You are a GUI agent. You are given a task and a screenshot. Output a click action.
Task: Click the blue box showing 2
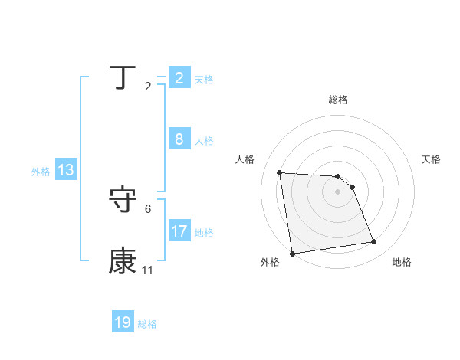click(x=179, y=77)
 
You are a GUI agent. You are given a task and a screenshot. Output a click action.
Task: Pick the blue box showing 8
click(x=179, y=139)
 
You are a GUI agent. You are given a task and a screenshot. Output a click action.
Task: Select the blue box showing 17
click(x=179, y=231)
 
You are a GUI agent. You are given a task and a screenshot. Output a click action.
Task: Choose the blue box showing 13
click(x=65, y=170)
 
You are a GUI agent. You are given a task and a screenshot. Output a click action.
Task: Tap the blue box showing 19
click(x=123, y=322)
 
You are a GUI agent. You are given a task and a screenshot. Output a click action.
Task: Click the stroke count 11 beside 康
click(x=147, y=271)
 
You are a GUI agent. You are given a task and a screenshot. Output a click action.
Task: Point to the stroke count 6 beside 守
click(x=148, y=208)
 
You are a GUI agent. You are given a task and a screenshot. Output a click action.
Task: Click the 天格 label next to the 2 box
click(x=204, y=79)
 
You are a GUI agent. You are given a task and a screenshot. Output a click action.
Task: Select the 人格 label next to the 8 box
click(x=204, y=141)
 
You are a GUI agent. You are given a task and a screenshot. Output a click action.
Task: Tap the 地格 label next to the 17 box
click(x=204, y=232)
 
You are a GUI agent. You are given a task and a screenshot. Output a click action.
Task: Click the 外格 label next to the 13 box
click(x=41, y=172)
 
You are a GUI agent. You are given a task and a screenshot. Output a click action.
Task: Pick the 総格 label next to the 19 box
click(x=147, y=324)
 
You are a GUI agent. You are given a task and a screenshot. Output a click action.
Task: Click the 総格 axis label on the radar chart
click(x=338, y=100)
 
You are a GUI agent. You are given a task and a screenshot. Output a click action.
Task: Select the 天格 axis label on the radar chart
click(x=431, y=159)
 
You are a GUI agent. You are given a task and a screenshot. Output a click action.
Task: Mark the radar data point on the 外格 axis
click(x=292, y=254)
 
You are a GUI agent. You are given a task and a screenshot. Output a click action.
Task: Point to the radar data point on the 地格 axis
click(x=373, y=242)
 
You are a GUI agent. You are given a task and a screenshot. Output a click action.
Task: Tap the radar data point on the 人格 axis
click(x=279, y=172)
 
